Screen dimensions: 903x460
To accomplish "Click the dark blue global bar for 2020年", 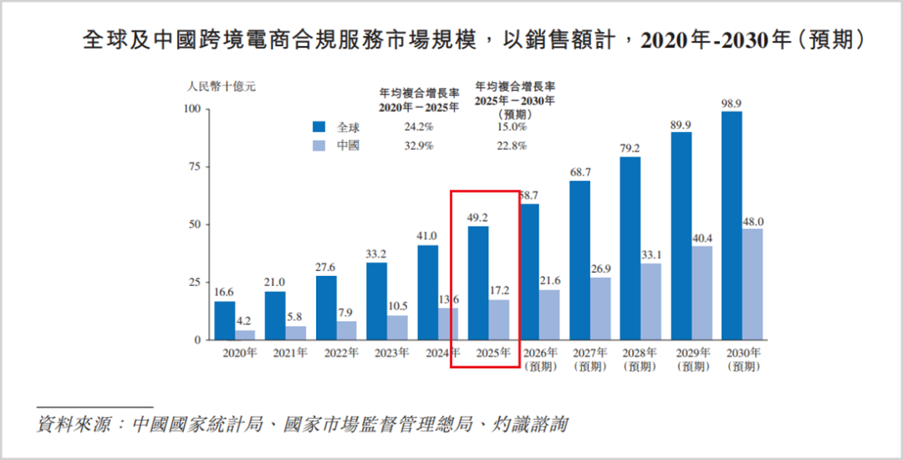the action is pos(225,320).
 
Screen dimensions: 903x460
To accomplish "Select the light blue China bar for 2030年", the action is pos(752,284).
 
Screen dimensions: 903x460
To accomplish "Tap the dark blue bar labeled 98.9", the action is pos(732,226).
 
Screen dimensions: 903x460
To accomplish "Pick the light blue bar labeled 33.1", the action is pos(650,302).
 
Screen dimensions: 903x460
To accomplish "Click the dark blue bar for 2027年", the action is pos(580,260).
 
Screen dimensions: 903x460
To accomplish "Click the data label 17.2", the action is pos(498,291).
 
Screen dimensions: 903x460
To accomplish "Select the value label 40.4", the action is pos(701,238).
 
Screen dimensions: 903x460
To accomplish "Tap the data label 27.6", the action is pos(326,267).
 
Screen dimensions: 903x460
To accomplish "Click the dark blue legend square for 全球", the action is pos(319,127).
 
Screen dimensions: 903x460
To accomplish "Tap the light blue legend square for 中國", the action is pos(319,146).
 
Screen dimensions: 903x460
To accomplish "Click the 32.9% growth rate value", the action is pos(419,146).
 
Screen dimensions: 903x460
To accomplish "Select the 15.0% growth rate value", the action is pos(512,127).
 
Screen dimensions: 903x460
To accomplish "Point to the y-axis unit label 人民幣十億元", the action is pos(221,88).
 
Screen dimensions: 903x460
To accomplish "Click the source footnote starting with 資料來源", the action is pos(302,425).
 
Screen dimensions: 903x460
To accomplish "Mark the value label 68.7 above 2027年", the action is pos(580,171).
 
